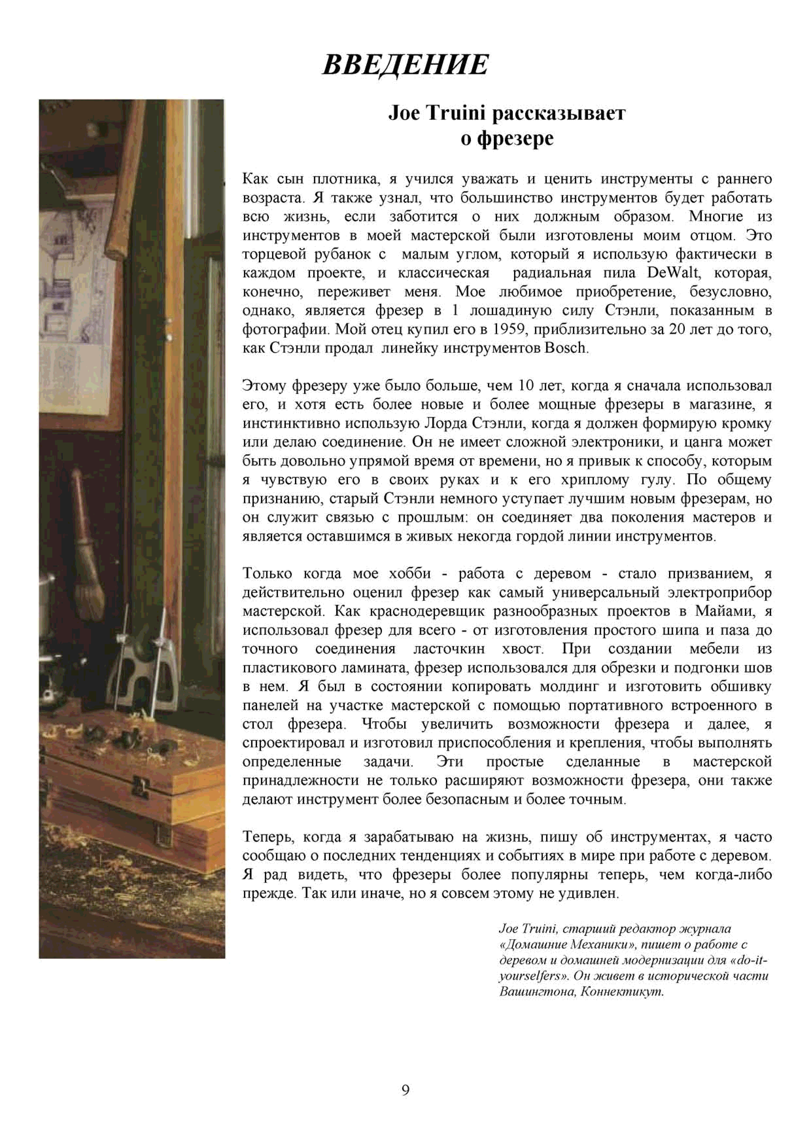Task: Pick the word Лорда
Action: tap(446, 423)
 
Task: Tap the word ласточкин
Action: tap(449, 649)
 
